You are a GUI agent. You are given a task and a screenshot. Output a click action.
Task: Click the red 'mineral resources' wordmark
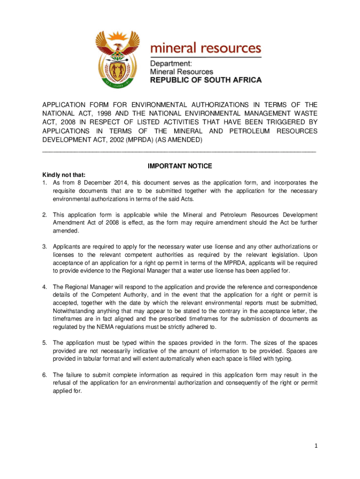[205, 48]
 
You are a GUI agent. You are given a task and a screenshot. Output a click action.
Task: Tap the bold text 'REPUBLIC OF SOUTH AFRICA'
[206, 80]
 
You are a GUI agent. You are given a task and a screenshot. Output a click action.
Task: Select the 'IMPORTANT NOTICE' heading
[180, 166]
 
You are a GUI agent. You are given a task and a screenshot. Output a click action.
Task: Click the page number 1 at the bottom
[316, 446]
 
